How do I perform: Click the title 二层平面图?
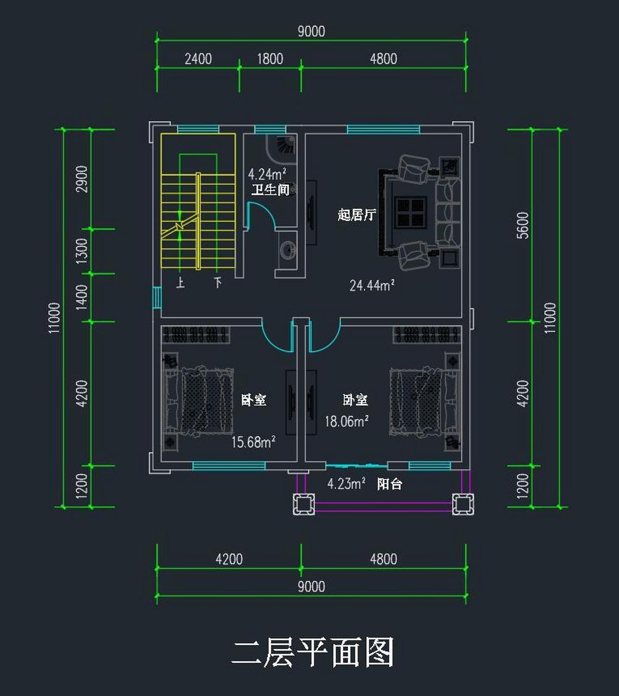tap(312, 652)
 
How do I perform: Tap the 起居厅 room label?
tap(357, 215)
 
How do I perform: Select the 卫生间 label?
tap(270, 190)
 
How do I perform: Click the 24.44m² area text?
tap(372, 285)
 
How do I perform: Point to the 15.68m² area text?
tap(253, 442)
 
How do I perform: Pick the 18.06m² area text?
tap(347, 421)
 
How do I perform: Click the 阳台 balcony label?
tap(390, 484)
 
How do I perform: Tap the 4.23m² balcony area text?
tap(346, 483)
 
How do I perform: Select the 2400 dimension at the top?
tap(198, 59)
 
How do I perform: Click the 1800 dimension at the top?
tap(270, 59)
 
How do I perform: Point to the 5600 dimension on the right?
tap(522, 225)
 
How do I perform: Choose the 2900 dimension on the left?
tap(82, 179)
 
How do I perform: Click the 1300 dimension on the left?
tap(82, 251)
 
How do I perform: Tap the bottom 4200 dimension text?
tap(229, 559)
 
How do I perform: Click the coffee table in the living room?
tap(410, 212)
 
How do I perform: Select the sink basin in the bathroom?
tap(287, 250)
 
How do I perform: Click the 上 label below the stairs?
tap(180, 283)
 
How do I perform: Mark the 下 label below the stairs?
tap(217, 283)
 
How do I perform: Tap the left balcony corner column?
tap(304, 504)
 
